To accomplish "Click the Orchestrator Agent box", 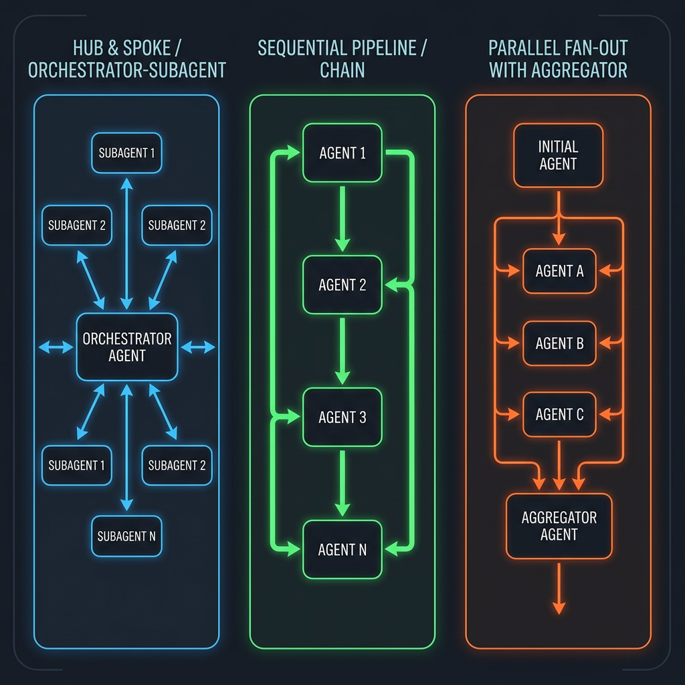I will pyautogui.click(x=127, y=347).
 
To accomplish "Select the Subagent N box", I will pyautogui.click(x=126, y=536).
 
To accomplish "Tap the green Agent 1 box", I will pyautogui.click(x=342, y=153).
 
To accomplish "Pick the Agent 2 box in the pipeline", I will pyautogui.click(x=342, y=285).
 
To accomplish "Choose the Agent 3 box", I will pyautogui.click(x=342, y=417).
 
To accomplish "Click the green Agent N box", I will pyautogui.click(x=342, y=550).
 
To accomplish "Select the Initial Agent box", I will pyautogui.click(x=558, y=155).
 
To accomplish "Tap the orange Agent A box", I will pyautogui.click(x=559, y=271).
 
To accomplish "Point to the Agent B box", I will pyautogui.click(x=559, y=343).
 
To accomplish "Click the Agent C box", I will pyautogui.click(x=559, y=415).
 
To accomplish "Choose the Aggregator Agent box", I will pyautogui.click(x=559, y=526).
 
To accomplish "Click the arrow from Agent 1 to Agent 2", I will pyautogui.click(x=342, y=218).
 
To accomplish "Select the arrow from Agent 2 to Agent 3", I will pyautogui.click(x=342, y=350).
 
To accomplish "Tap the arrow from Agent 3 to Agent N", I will pyautogui.click(x=342, y=482).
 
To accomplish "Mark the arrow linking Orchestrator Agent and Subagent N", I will pyautogui.click(x=127, y=448).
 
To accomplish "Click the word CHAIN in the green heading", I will pyautogui.click(x=342, y=70).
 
